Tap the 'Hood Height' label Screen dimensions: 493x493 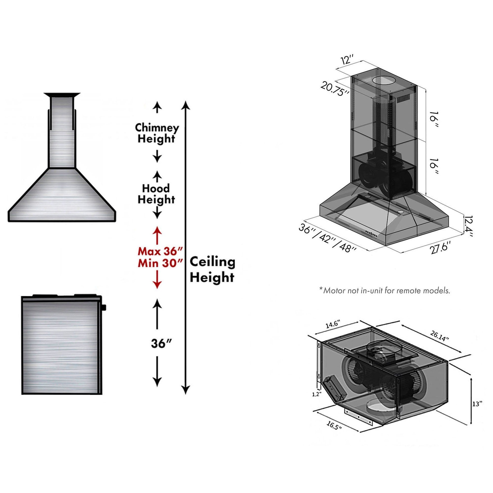156,194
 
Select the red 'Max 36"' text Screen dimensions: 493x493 160,251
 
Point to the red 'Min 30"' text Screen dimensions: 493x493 160,263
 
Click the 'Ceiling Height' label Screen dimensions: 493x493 212,270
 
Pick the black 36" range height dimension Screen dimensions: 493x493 160,343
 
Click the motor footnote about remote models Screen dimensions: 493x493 385,291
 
